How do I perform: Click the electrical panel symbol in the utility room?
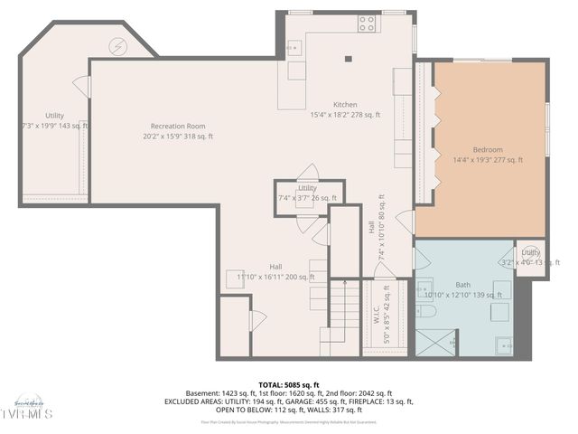[x=117, y=45]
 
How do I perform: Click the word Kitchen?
[x=345, y=104]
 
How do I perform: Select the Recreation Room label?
[x=178, y=126]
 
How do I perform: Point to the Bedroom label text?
[x=488, y=149]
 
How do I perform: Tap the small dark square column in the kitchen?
[x=348, y=61]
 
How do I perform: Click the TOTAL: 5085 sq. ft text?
[x=288, y=384]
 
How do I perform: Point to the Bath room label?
[x=462, y=284]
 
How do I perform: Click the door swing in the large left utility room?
[x=82, y=88]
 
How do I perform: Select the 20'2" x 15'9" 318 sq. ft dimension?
[x=178, y=137]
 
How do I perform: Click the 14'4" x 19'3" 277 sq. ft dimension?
[x=488, y=160]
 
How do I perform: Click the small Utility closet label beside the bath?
[x=531, y=252]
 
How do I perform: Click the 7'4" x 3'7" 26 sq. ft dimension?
[x=307, y=197]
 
